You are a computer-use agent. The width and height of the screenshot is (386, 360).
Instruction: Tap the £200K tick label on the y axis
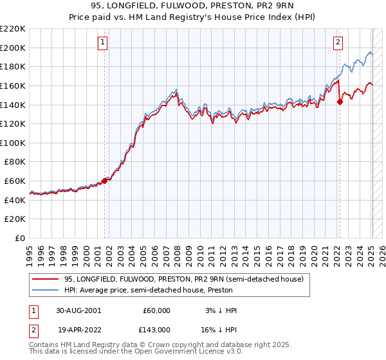pos(14,48)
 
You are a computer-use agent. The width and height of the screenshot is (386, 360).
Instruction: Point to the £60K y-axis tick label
pos(15,181)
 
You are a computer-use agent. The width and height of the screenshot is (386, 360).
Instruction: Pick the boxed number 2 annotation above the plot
pos(338,42)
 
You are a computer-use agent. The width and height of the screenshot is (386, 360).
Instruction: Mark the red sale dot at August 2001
pos(105,181)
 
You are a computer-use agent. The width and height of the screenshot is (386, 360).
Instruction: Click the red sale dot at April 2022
pos(340,101)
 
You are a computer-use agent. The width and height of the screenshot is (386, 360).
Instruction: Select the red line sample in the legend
pos(46,278)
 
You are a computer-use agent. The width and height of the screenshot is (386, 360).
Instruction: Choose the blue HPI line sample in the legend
pos(46,290)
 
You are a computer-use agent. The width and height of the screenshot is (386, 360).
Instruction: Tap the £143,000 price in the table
pos(156,328)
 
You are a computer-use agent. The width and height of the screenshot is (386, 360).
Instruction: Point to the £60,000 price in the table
pos(156,310)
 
